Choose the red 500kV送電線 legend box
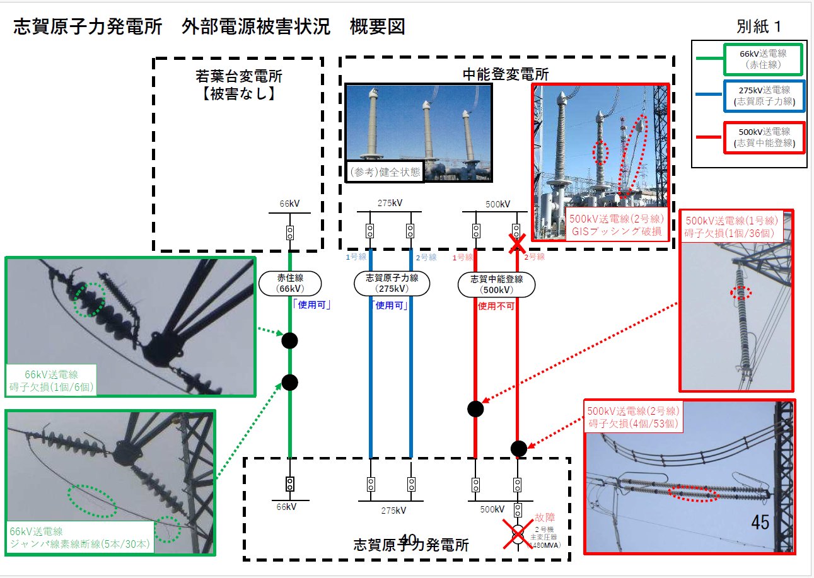tap(764, 138)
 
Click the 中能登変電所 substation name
tap(506, 73)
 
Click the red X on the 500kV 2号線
tap(518, 243)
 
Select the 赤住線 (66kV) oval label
tap(290, 284)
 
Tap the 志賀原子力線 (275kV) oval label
tap(391, 284)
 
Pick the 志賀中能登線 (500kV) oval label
tap(496, 284)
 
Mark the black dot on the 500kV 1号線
tap(475, 408)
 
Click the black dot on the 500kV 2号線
tap(518, 448)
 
